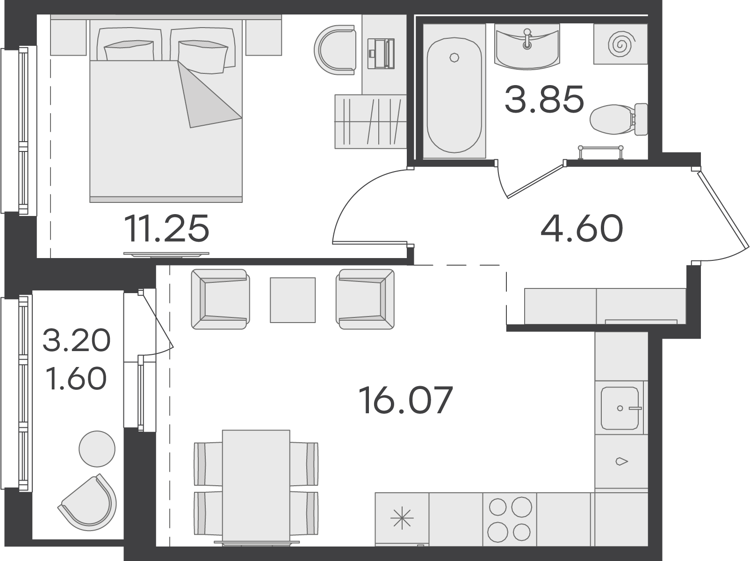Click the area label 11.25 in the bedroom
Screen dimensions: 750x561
(166, 228)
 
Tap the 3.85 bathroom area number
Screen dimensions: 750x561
(544, 99)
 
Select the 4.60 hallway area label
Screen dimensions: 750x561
(582, 228)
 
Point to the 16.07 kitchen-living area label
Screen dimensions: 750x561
(405, 400)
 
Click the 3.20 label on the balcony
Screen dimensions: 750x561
(77, 340)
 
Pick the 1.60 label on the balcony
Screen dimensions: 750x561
(77, 378)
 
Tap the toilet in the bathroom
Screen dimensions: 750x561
(619, 119)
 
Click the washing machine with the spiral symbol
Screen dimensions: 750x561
(620, 44)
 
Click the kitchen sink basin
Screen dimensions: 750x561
(620, 408)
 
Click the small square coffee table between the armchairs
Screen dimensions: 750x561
(293, 300)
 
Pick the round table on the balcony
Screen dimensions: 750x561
(97, 449)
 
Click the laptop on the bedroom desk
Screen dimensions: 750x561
(381, 54)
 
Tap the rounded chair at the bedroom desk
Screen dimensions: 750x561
(335, 50)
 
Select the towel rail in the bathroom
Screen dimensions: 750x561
(600, 151)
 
